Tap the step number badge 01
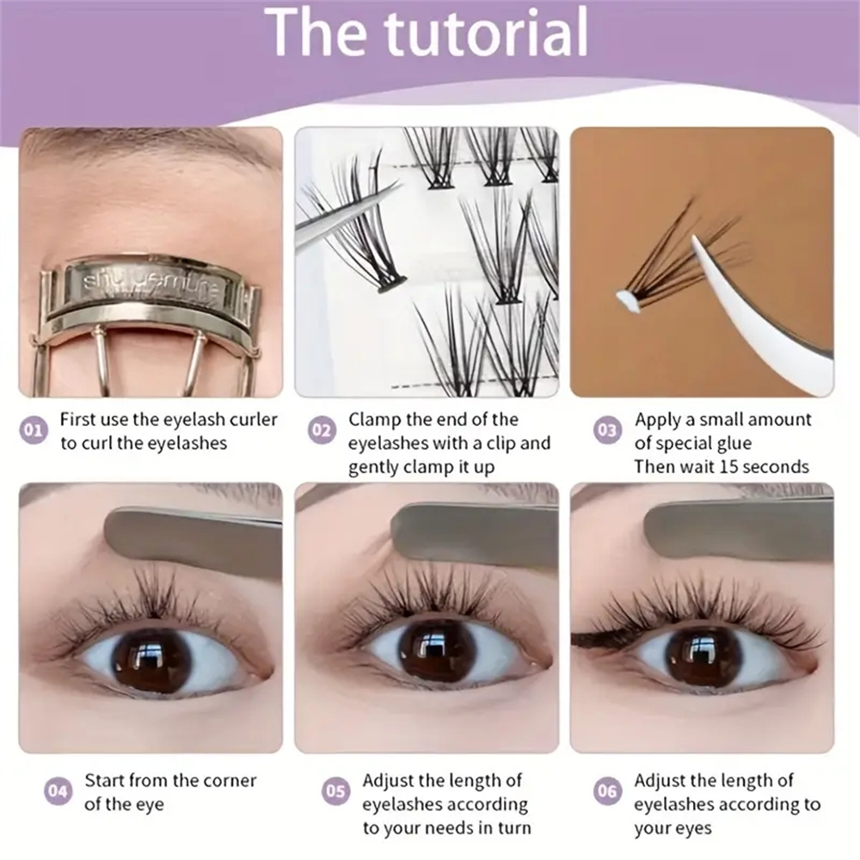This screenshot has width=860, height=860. (x=34, y=429)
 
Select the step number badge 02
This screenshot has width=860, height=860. (x=321, y=429)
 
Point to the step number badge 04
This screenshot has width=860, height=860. (x=58, y=791)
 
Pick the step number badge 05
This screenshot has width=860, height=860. (x=335, y=791)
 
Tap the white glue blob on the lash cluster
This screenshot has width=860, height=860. (x=625, y=298)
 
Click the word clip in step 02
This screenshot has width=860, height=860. (x=501, y=444)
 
